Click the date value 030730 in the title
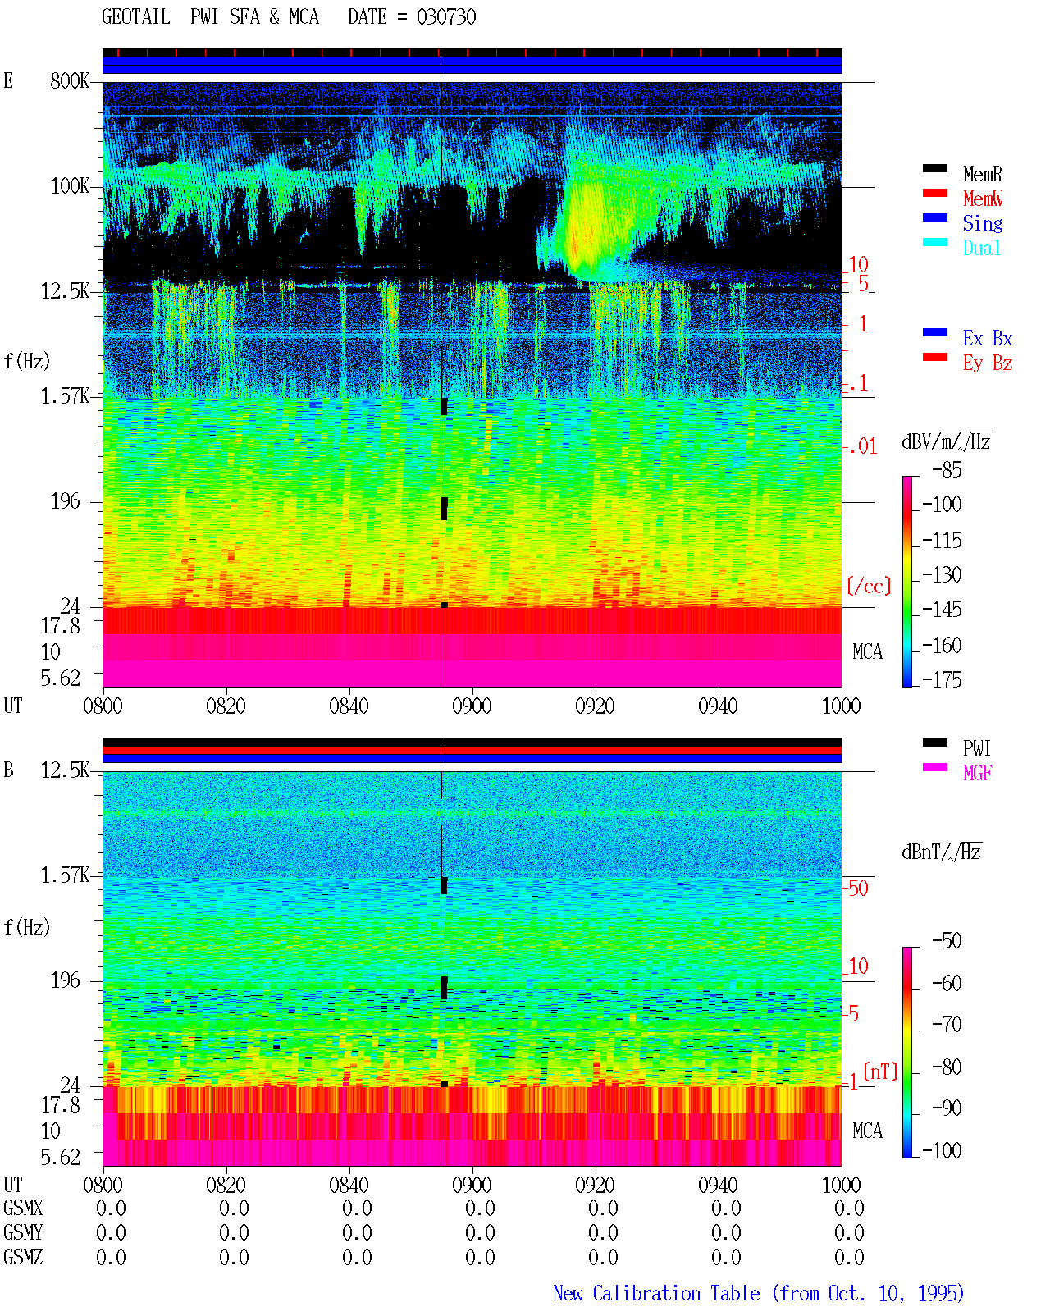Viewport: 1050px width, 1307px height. (445, 17)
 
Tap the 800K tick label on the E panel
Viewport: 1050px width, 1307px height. (70, 80)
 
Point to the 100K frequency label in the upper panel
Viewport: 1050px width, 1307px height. (70, 186)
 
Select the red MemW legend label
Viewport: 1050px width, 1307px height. (983, 198)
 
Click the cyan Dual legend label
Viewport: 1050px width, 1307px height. (981, 248)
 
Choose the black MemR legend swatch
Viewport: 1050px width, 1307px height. (934, 168)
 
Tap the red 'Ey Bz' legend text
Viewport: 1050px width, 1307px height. (988, 363)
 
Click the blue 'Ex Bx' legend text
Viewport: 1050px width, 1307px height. (988, 338)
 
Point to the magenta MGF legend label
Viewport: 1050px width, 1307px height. (977, 773)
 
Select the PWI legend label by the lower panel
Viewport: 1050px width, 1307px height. (976, 747)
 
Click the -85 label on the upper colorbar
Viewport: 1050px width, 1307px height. (947, 469)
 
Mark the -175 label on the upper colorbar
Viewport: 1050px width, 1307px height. (942, 679)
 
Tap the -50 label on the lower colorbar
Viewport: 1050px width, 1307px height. (947, 941)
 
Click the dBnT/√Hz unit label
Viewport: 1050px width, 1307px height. (941, 852)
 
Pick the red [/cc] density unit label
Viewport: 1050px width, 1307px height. (869, 586)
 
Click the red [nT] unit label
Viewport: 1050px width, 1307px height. (880, 1072)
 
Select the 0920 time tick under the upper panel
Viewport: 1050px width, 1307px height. (596, 706)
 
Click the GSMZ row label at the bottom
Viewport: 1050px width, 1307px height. (23, 1257)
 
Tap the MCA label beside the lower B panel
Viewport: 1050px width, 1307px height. (867, 1131)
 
